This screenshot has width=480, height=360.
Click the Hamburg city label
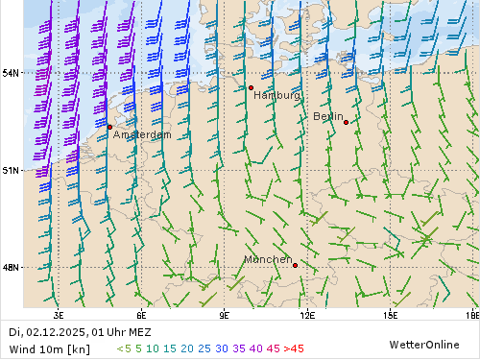[x=277, y=96]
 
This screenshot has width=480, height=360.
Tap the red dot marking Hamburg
[x=251, y=87]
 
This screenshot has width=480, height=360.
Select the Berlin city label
[x=328, y=116]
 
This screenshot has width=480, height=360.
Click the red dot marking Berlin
[x=346, y=122]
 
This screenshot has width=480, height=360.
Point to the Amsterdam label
[x=142, y=135]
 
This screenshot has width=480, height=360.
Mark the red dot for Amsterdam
[x=109, y=127]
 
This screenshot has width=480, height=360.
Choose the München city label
[x=268, y=260]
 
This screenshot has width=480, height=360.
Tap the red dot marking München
[x=295, y=265]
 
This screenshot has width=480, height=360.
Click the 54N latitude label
[x=12, y=73]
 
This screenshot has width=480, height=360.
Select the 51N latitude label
[x=12, y=170]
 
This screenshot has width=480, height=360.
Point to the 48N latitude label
[x=12, y=267]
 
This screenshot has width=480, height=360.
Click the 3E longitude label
[x=59, y=314]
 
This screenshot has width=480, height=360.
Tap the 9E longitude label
[x=225, y=314]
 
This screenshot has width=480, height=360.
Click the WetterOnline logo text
[x=423, y=344]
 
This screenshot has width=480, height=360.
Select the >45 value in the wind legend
[x=294, y=348]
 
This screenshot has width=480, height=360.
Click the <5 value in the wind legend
[x=123, y=348]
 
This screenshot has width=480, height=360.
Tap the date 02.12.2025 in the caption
[x=57, y=332]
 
